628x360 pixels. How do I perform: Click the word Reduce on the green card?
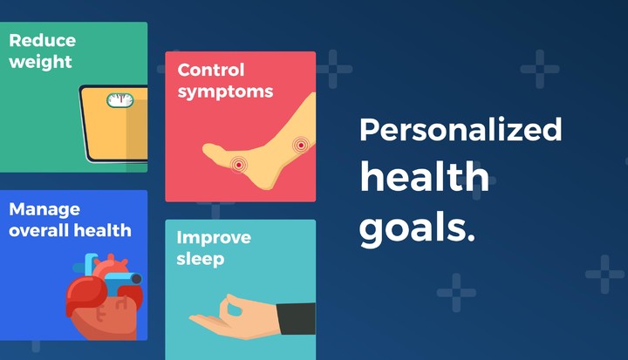(42, 41)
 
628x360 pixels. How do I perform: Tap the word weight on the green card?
(40, 62)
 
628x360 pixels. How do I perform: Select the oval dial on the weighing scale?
(121, 100)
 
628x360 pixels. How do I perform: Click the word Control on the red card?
(211, 70)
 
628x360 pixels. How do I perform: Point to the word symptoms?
(225, 91)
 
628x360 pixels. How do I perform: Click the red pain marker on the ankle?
(301, 145)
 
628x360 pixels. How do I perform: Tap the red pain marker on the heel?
(238, 163)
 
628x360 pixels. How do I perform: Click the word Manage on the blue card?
(44, 210)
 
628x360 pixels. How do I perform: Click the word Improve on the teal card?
(214, 238)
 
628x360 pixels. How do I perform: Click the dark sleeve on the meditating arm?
(297, 318)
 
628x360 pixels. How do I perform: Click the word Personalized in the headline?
(461, 131)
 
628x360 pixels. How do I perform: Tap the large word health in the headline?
(424, 178)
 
